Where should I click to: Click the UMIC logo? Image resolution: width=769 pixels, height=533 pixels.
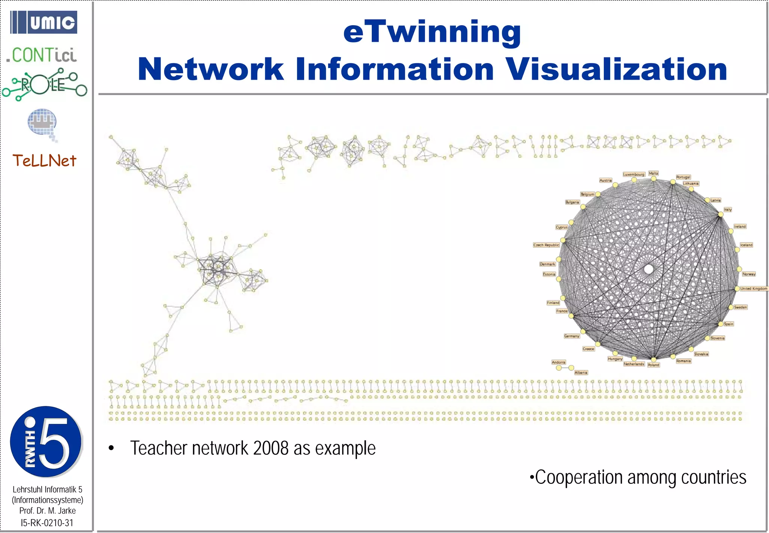tap(44, 22)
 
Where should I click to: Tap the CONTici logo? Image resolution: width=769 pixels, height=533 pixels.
tap(42, 55)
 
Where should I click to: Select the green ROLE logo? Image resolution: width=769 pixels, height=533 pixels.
tap(44, 85)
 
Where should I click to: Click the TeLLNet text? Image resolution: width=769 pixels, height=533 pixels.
tap(44, 161)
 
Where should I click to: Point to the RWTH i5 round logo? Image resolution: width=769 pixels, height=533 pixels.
tap(46, 442)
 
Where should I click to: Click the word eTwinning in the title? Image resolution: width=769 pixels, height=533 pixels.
tap(432, 32)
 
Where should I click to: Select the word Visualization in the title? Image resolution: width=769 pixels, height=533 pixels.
tap(616, 70)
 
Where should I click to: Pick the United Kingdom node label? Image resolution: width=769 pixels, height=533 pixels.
tap(754, 289)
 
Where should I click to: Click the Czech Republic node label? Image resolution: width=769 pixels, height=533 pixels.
tap(546, 245)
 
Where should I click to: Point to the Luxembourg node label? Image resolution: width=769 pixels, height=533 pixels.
tap(634, 174)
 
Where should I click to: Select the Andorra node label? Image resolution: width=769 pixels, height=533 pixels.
tap(558, 362)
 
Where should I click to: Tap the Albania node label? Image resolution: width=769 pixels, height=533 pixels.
tap(581, 372)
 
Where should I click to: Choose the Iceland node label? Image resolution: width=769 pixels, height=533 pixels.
tap(746, 245)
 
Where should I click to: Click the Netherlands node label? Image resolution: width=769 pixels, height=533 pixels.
tap(634, 364)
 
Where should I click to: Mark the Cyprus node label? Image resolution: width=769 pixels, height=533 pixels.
tap(561, 227)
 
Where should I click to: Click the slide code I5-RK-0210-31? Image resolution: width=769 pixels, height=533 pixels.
tap(47, 523)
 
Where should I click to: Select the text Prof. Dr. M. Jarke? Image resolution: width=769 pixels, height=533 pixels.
tap(47, 511)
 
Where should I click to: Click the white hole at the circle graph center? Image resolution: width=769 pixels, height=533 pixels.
tap(648, 269)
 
